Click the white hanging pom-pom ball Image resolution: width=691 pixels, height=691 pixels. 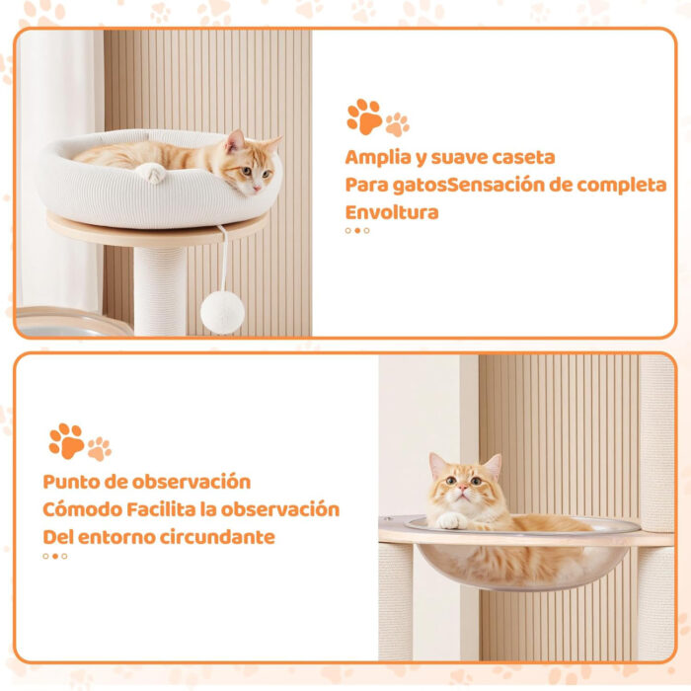[222, 313]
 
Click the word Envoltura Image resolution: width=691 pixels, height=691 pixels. [392, 212]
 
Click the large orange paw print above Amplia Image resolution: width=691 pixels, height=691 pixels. [364, 116]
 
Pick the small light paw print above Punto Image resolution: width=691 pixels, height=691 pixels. [99, 449]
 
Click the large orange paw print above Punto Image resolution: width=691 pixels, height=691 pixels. [66, 441]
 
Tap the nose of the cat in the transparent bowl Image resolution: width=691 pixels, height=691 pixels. [462, 488]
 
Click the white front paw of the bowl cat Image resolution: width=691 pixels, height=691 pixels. [450, 521]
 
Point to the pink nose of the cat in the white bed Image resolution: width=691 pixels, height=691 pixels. [257, 189]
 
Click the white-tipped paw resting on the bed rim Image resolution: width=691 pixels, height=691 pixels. [151, 173]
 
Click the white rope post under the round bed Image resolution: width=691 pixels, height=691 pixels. [160, 291]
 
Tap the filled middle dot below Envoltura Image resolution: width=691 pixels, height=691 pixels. [357, 230]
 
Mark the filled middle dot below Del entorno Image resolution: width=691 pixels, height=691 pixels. [55, 556]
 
